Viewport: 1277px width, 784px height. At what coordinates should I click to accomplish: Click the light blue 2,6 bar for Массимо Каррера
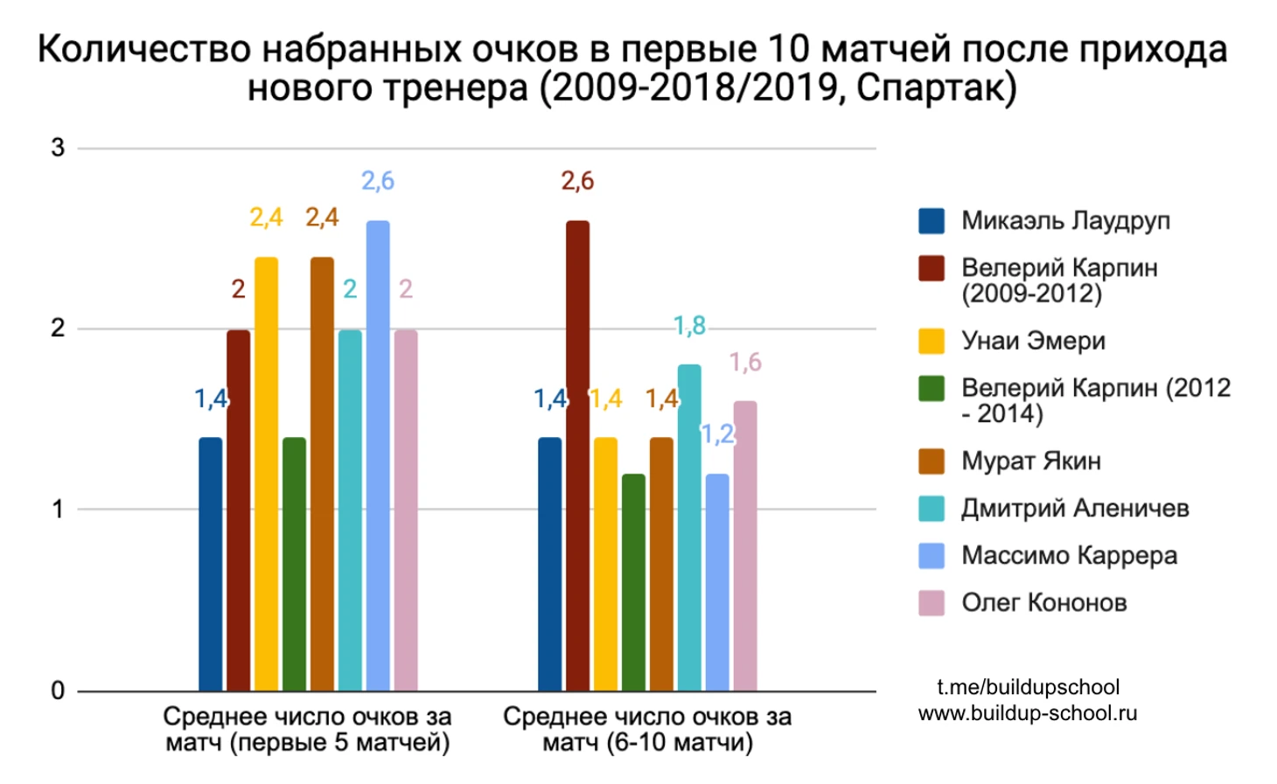[378, 454]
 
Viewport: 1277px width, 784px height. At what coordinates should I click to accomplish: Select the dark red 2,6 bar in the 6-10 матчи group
[577, 454]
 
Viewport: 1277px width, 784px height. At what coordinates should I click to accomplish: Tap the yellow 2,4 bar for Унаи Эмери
[266, 472]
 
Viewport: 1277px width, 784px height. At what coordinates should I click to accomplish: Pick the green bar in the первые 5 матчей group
[294, 564]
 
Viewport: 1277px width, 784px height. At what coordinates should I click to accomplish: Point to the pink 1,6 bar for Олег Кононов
[745, 545]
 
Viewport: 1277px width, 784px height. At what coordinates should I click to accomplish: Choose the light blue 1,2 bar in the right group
[717, 581]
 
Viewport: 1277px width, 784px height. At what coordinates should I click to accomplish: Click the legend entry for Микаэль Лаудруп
[1064, 220]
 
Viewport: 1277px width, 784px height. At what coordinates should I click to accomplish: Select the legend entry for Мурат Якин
[1030, 461]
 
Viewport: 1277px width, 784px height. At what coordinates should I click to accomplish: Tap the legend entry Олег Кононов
[1043, 602]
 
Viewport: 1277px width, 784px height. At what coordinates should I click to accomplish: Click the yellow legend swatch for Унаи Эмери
[932, 341]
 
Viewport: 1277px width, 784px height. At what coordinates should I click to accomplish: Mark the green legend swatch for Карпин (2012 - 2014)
[932, 388]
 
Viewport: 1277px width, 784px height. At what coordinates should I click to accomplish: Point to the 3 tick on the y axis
[58, 148]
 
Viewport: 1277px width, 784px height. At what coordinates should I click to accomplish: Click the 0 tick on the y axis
[58, 690]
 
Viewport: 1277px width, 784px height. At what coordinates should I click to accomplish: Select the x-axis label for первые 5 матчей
[307, 729]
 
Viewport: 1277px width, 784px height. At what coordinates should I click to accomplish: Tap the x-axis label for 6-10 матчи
[647, 729]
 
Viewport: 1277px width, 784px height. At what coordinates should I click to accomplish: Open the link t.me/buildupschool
[1028, 687]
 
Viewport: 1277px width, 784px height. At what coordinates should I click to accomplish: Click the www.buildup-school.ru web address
[1028, 712]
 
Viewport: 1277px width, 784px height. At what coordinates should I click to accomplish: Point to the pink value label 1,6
[745, 362]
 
